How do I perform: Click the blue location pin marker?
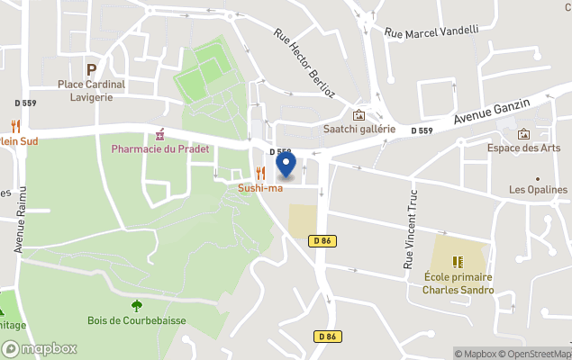(286, 165)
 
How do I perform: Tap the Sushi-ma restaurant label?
(260, 187)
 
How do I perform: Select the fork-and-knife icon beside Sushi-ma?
(260, 174)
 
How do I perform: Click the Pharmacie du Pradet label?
(160, 148)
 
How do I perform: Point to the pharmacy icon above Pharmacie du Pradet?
(160, 134)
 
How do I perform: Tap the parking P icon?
(91, 68)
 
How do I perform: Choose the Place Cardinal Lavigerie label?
(91, 91)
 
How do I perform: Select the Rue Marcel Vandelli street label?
(431, 31)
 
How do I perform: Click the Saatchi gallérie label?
(359, 130)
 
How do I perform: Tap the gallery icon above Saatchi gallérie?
(359, 115)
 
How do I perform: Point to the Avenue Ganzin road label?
(492, 112)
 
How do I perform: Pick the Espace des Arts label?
(523, 148)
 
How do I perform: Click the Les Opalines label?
(539, 190)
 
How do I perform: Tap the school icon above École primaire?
(459, 262)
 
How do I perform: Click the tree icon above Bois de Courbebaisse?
(136, 305)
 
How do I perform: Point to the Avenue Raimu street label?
(19, 221)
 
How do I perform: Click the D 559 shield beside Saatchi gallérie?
(422, 131)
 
